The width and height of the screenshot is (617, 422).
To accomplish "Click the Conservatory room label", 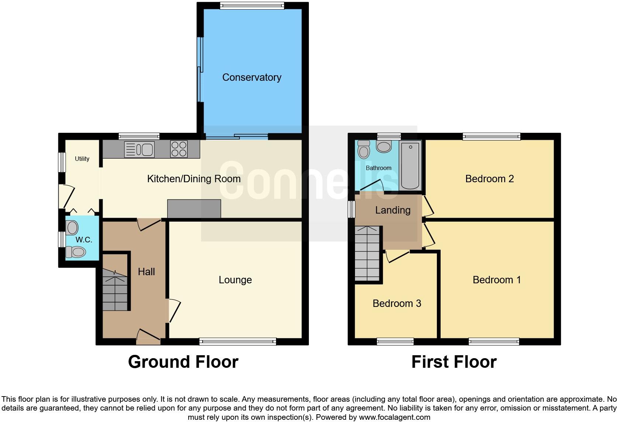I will tap(252, 77).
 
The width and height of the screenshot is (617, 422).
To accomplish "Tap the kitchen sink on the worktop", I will tap(139, 149).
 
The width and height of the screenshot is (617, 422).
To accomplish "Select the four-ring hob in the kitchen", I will tap(179, 149).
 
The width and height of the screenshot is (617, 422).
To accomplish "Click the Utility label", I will tap(82, 159).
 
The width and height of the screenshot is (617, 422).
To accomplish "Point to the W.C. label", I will tap(84, 240).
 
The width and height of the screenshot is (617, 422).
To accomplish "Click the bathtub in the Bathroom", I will tap(410, 165).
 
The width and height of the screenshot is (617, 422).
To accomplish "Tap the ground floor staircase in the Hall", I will tap(115, 290).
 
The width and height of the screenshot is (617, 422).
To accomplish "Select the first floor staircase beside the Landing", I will tap(367, 253).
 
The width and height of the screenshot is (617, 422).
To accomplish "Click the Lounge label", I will tap(235, 280).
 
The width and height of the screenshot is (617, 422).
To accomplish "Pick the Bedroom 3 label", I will tap(397, 303).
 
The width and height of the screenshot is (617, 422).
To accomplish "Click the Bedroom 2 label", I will tap(489, 179).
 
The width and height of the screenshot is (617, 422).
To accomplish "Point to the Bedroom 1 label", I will tap(497, 280).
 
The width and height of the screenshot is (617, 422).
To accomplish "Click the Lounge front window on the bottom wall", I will tap(238, 342).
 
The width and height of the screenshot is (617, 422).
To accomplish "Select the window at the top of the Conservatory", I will tap(252, 6).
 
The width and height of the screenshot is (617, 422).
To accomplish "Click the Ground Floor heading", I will tap(183, 362).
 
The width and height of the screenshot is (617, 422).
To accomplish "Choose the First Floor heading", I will tap(454, 362).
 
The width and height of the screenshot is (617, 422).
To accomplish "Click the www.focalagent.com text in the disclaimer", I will tap(394, 417).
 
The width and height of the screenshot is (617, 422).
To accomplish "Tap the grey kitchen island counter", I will tap(194, 209).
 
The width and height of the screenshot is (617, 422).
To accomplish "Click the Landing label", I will tap(393, 210).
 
